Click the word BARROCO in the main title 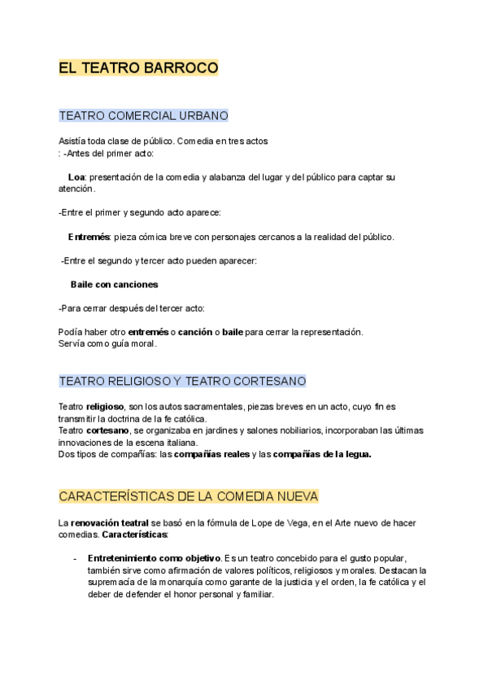tap(181, 68)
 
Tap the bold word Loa tap(76, 177)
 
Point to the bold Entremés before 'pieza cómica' tap(89, 237)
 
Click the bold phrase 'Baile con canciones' tap(114, 285)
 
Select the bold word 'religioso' tap(105, 406)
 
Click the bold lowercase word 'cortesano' tap(108, 430)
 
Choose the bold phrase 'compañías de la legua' tap(322, 455)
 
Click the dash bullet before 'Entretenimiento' tap(75, 558)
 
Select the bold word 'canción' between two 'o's tap(195, 332)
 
